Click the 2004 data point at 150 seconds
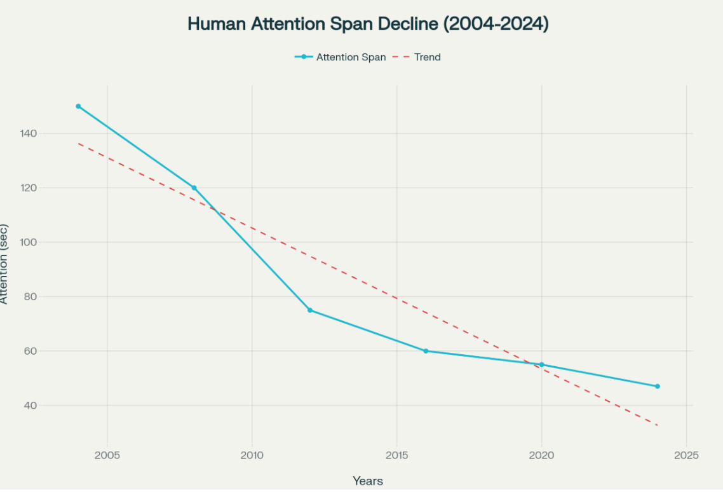point(78,106)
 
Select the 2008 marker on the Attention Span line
point(194,188)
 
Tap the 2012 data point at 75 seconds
point(310,310)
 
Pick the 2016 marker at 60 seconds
point(426,351)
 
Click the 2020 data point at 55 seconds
point(541,365)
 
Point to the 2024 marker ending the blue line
point(658,387)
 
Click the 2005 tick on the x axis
point(107,456)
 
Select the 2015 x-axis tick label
point(397,456)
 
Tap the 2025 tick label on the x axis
point(687,456)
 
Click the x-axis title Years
point(368,481)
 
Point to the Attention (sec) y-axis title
point(4,263)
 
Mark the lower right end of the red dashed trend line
point(657,425)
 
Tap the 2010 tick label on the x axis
point(252,456)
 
